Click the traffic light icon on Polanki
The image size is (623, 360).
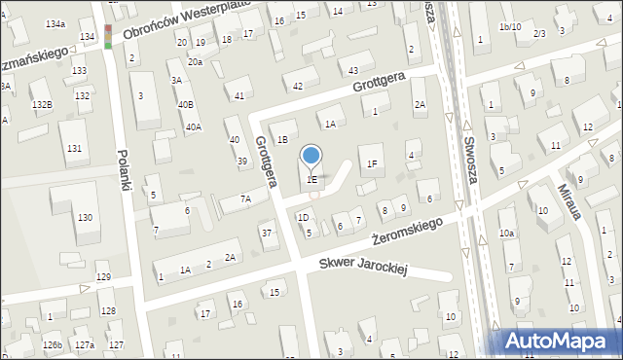[x=107, y=37]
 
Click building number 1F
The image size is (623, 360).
[x=371, y=163]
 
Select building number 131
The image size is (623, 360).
[x=75, y=148]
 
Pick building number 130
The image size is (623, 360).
[x=86, y=216]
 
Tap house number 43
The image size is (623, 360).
[x=352, y=71]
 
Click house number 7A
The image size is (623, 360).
[x=246, y=199]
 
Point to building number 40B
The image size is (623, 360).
[x=185, y=104]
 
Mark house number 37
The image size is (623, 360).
[x=267, y=233]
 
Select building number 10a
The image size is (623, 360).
[x=506, y=233]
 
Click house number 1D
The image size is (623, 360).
[x=303, y=218]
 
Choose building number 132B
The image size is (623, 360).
[x=40, y=104]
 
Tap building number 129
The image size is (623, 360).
[x=104, y=278]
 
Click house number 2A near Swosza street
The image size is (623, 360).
[x=420, y=104]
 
